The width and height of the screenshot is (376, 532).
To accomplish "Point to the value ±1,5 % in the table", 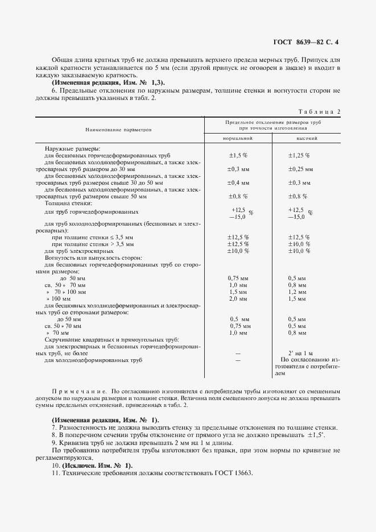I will (238, 155).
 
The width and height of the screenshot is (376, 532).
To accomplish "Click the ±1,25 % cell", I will (299, 155).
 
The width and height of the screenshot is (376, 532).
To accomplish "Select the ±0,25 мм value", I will (300, 169).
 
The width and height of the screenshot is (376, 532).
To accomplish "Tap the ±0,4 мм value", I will (238, 182).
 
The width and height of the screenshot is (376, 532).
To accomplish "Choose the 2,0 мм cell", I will (238, 298).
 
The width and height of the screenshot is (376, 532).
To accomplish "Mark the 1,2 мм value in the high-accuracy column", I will (298, 292).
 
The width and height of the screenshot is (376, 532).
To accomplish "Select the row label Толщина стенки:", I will (64, 203).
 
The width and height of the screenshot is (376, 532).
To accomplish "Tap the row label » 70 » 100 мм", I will (66, 292).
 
